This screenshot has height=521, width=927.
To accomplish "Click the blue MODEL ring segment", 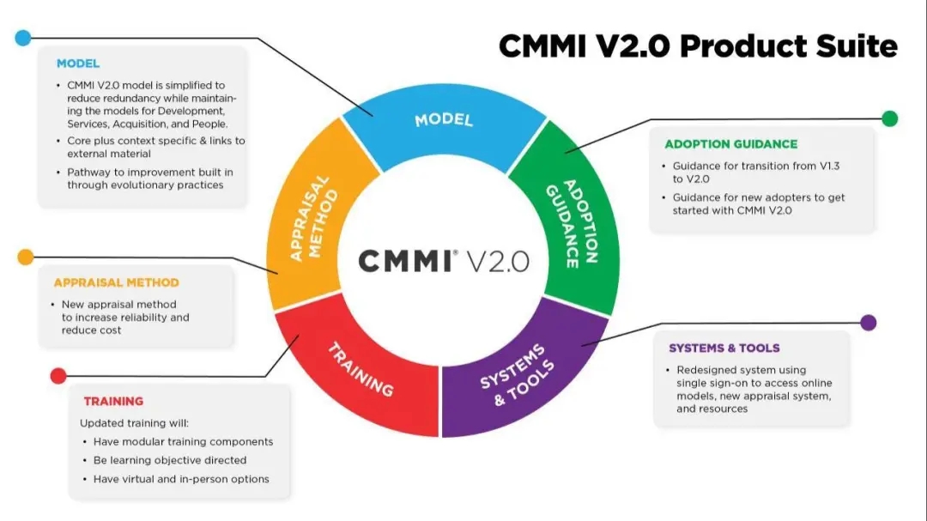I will pyautogui.click(x=444, y=120).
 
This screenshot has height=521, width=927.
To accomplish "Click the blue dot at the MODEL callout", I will pyautogui.click(x=23, y=38).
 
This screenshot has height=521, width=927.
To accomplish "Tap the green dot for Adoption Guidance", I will pyautogui.click(x=890, y=118).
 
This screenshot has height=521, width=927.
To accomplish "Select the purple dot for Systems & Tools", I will pyautogui.click(x=869, y=323).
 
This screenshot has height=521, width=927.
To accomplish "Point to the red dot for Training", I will pyautogui.click(x=58, y=376).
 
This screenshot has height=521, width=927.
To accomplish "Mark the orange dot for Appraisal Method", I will pyautogui.click(x=26, y=257).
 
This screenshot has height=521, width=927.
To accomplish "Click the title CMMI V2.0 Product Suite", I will pyautogui.click(x=698, y=46).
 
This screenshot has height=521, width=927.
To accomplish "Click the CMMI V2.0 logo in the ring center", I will pyautogui.click(x=444, y=261).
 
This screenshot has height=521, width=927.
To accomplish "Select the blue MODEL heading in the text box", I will pyautogui.click(x=78, y=64).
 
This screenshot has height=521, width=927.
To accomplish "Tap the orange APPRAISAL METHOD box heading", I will pyautogui.click(x=116, y=282).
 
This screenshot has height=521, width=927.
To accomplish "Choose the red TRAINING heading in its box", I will pyautogui.click(x=113, y=401).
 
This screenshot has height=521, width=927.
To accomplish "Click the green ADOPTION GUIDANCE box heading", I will pyautogui.click(x=730, y=144).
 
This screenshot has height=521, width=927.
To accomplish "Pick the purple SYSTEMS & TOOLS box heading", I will pyautogui.click(x=724, y=348).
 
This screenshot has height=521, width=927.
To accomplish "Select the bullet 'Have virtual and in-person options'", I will pyautogui.click(x=181, y=479).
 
